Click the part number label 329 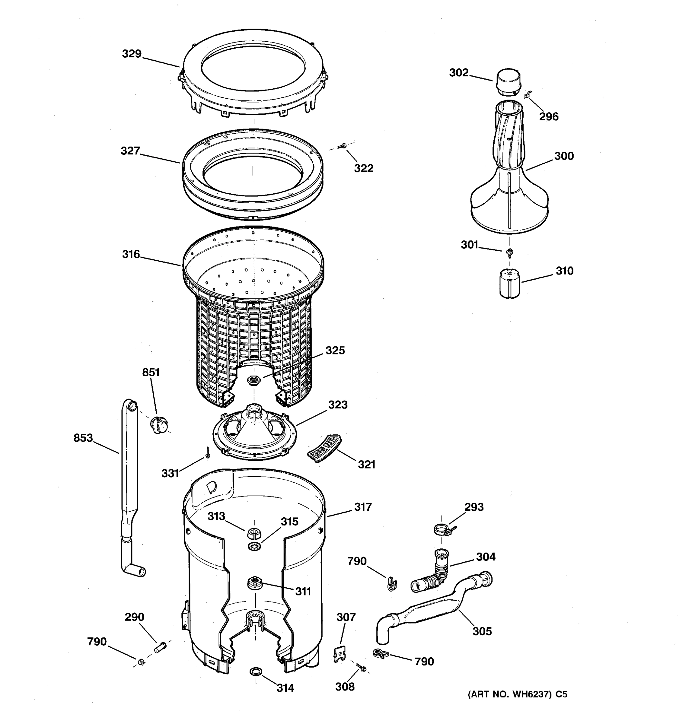pos(132,54)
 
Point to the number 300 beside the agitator pos(564,156)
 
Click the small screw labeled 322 pos(342,146)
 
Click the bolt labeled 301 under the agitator pos(510,252)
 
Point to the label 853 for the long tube pos(83,438)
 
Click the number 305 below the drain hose pos(482,631)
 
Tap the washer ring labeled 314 pos(256,671)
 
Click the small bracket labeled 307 pos(339,654)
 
